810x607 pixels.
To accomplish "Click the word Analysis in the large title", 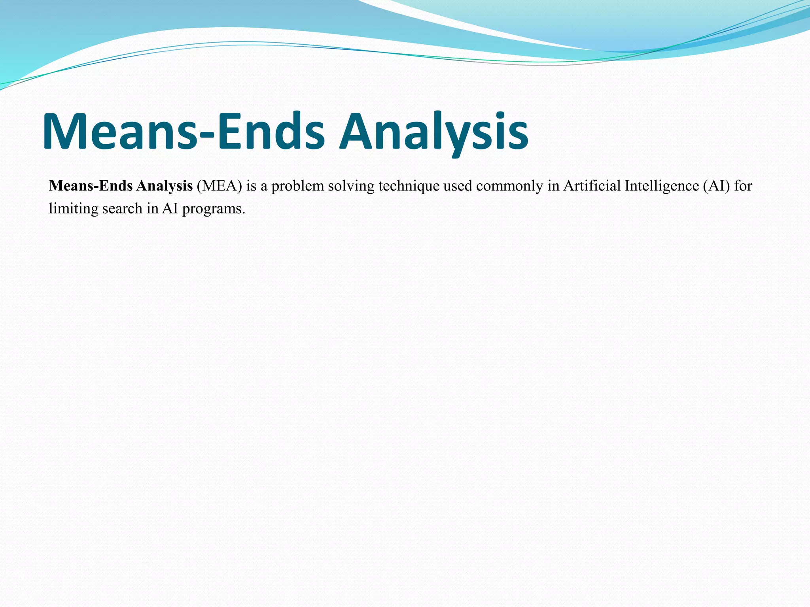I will pyautogui.click(x=434, y=132).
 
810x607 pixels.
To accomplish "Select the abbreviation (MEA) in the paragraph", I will pyautogui.click(x=219, y=186).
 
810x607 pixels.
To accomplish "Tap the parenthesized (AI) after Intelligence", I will pyautogui.click(x=716, y=186).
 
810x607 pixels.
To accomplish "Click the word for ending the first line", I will pyautogui.click(x=743, y=186).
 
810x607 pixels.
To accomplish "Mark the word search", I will pyautogui.click(x=122, y=209).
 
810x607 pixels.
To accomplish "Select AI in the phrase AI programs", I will pyautogui.click(x=170, y=209).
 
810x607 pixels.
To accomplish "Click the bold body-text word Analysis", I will pyautogui.click(x=164, y=186).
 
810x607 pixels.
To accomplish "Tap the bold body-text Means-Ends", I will pyautogui.click(x=91, y=186).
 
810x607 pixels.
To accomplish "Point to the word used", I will pyautogui.click(x=458, y=186).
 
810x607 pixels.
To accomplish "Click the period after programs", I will pyautogui.click(x=244, y=213).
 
